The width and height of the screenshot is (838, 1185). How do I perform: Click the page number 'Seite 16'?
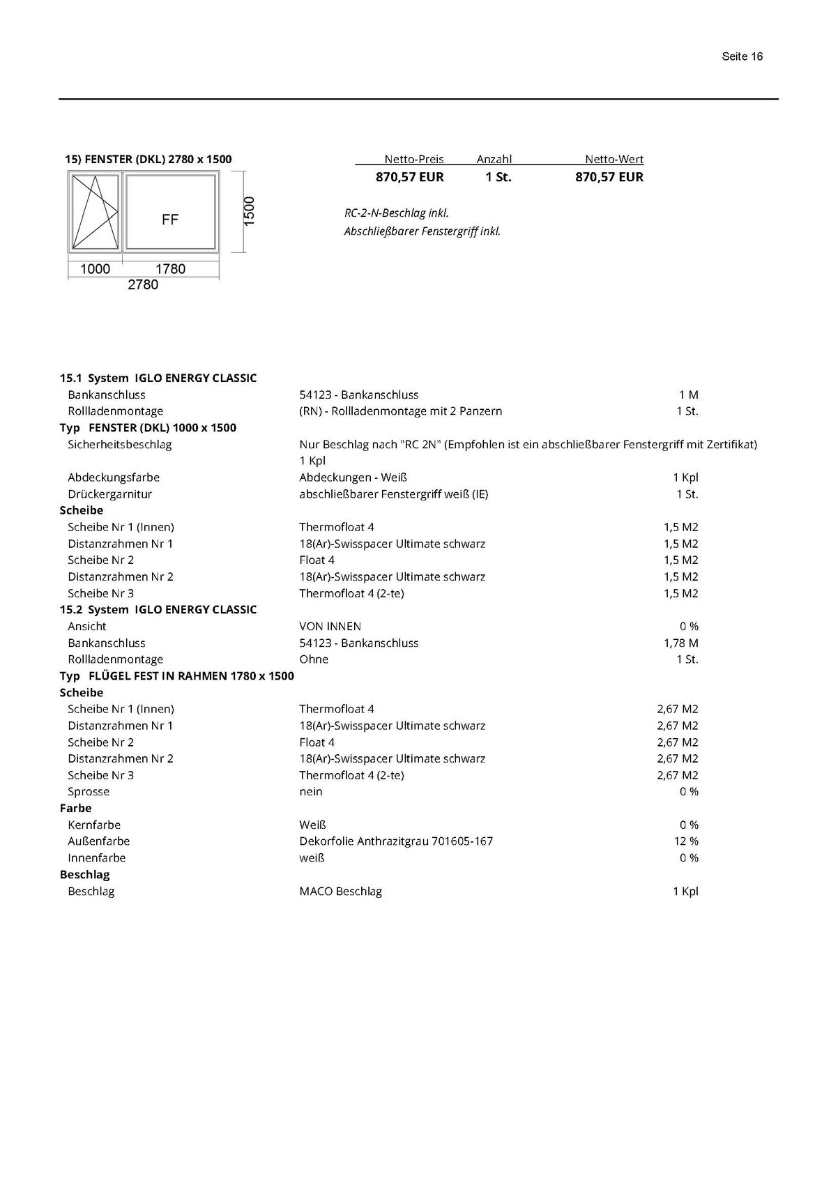(742, 56)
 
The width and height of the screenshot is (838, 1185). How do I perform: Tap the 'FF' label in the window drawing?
(170, 220)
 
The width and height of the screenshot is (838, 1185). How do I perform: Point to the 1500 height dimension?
(249, 211)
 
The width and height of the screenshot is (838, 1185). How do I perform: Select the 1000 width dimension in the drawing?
(95, 269)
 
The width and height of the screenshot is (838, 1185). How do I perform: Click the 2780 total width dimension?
(143, 284)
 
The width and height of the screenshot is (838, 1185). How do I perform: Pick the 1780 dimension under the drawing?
(170, 269)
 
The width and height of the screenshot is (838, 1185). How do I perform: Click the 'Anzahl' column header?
(494, 159)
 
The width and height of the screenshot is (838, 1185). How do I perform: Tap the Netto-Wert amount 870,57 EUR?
(609, 177)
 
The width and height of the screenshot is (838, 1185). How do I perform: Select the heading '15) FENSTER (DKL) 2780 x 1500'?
(148, 159)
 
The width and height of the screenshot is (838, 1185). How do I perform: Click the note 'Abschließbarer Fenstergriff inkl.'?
(422, 231)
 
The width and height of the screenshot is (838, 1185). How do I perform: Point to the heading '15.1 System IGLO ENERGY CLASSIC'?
(158, 378)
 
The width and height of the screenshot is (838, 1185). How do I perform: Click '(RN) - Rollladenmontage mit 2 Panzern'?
(400, 411)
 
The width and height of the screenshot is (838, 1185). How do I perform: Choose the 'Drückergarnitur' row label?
(109, 494)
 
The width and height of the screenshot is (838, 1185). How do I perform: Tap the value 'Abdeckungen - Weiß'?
(353, 477)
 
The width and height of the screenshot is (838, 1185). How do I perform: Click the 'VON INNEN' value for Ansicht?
(330, 627)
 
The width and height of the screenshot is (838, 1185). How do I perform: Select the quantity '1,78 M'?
(680, 643)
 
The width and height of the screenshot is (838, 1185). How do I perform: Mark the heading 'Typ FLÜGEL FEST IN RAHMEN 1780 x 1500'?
(177, 676)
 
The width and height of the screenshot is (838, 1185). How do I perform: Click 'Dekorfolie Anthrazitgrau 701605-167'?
(396, 841)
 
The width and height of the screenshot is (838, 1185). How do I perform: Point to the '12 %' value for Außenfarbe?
(686, 841)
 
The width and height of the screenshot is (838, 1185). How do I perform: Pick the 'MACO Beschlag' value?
(340, 892)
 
